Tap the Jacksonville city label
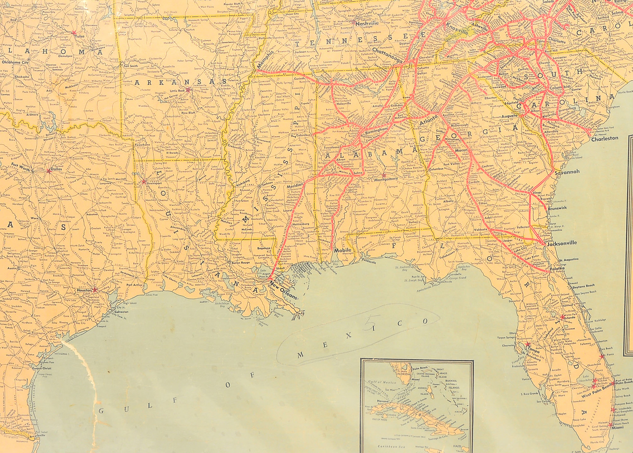pos(562,243)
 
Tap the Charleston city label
pos(604,139)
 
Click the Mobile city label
pos(342,251)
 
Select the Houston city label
pos(84,290)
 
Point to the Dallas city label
pos(56,170)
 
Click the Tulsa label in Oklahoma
pos(80,36)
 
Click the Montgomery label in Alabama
pos(386,180)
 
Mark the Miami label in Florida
pos(617,427)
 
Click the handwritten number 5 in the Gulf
pos(371,322)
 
